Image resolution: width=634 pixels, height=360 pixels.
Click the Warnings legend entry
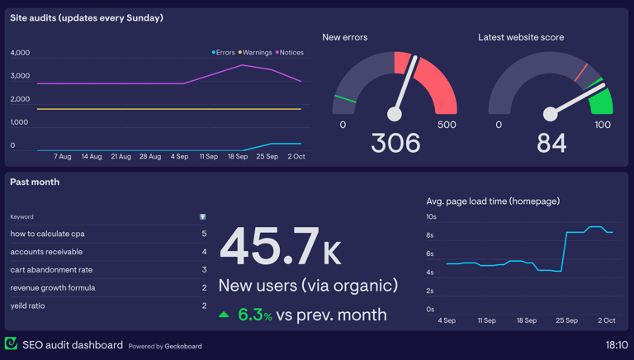pyautogui.click(x=257, y=53)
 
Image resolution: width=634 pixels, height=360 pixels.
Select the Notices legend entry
pyautogui.click(x=291, y=53)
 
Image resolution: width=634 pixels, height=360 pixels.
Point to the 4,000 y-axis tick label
pyautogui.click(x=20, y=53)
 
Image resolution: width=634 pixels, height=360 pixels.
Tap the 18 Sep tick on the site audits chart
pyautogui.click(x=238, y=157)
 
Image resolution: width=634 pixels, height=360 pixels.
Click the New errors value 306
pyautogui.click(x=395, y=144)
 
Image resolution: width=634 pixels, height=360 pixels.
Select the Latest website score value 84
pyautogui.click(x=551, y=144)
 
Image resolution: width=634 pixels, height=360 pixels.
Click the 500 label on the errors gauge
pyautogui.click(x=447, y=126)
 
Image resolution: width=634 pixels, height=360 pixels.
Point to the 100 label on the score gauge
pyautogui.click(x=603, y=126)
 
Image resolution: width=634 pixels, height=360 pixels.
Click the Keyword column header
pyautogui.click(x=22, y=217)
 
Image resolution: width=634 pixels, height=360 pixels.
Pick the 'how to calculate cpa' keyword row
pyautogui.click(x=47, y=234)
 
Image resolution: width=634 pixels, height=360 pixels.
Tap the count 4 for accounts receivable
pyautogui.click(x=204, y=252)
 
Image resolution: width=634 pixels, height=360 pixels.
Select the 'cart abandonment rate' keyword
pyautogui.click(x=51, y=270)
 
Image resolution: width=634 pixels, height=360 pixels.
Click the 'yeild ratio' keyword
pyautogui.click(x=27, y=306)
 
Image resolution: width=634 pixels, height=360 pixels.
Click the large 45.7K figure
pyautogui.click(x=280, y=248)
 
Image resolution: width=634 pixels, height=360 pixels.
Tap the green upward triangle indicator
pyautogui.click(x=224, y=315)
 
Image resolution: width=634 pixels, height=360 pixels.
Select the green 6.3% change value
pyautogui.click(x=254, y=315)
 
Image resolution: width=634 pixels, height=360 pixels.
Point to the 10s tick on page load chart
pyautogui.click(x=431, y=217)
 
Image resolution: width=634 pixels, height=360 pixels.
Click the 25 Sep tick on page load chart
pyautogui.click(x=566, y=320)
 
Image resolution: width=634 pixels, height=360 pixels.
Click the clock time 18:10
pyautogui.click(x=616, y=345)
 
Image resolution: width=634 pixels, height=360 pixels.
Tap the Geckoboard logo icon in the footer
pyautogui.click(x=11, y=344)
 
